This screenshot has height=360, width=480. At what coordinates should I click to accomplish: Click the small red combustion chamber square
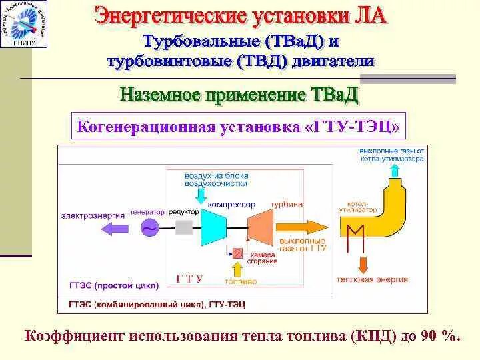point(237,253)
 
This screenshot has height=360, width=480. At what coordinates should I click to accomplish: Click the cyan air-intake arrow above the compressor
point(200,195)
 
